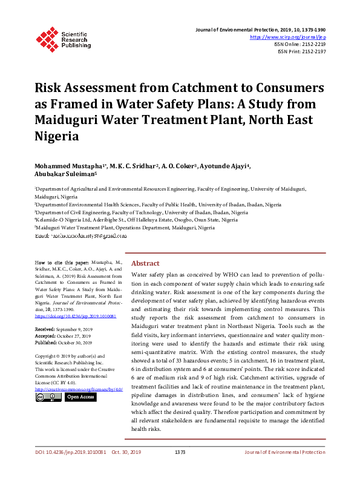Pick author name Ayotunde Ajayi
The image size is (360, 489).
point(228,166)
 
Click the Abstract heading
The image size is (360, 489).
point(145,264)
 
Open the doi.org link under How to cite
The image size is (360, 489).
point(76,317)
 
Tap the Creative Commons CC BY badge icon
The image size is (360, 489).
point(47,397)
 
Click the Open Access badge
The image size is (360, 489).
point(80,397)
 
